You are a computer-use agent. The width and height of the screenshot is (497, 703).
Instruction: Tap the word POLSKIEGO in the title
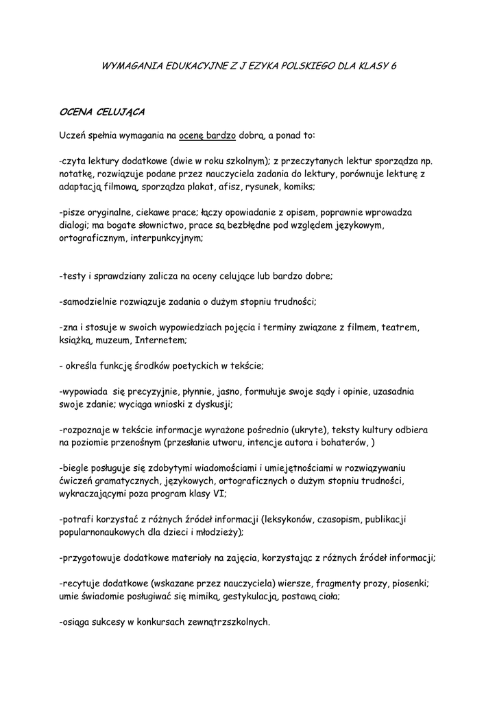pos(302,66)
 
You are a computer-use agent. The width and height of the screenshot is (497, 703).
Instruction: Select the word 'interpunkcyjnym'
pos(169,238)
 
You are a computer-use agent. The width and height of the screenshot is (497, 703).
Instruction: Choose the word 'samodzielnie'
pos(90,301)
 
